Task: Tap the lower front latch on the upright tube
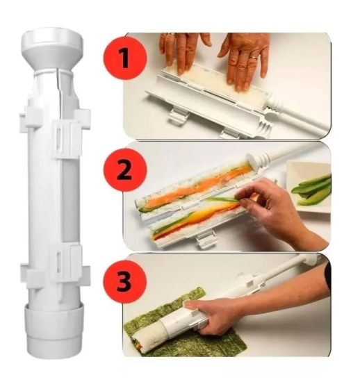click(x=63, y=262)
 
